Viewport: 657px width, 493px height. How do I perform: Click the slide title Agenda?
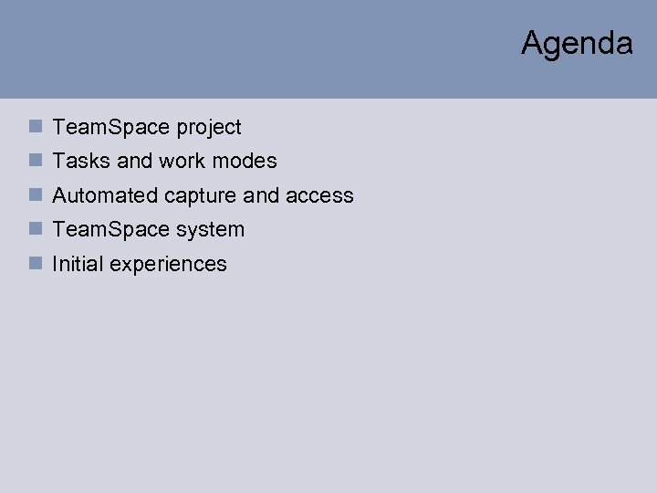pyautogui.click(x=577, y=43)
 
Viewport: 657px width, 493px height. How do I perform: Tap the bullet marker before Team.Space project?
pyautogui.click(x=35, y=127)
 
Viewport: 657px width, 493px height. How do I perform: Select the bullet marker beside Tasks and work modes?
pyautogui.click(x=35, y=161)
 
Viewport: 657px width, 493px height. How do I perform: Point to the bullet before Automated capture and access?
pyautogui.click(x=35, y=195)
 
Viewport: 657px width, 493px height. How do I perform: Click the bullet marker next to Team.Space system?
pyautogui.click(x=35, y=229)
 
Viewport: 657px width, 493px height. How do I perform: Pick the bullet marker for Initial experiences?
pyautogui.click(x=35, y=264)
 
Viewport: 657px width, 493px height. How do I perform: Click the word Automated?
pyautogui.click(x=105, y=195)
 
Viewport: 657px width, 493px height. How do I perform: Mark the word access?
pyautogui.click(x=319, y=195)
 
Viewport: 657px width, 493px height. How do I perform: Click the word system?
pyautogui.click(x=210, y=230)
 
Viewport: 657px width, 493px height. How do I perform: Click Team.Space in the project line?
pyautogui.click(x=112, y=128)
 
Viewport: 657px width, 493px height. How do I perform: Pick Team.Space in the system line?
pyautogui.click(x=112, y=230)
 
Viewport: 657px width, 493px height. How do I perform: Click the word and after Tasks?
pyautogui.click(x=134, y=162)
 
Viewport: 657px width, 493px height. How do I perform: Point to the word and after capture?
pyautogui.click(x=261, y=195)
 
